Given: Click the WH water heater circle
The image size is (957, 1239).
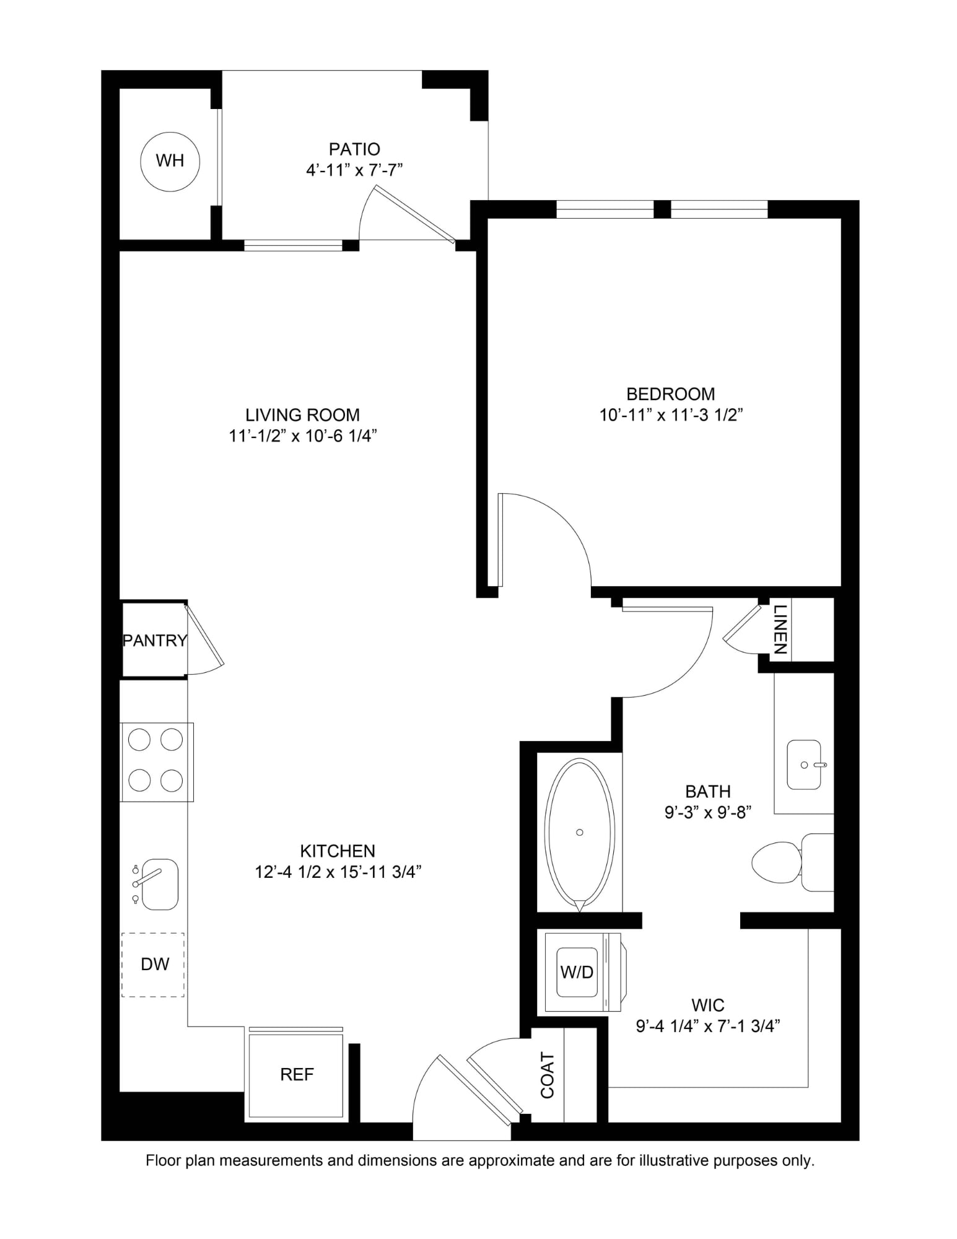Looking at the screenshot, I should pyautogui.click(x=170, y=161).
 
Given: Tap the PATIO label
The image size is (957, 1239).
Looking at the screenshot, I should pyautogui.click(x=354, y=149).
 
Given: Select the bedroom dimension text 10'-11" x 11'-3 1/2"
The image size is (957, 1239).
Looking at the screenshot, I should pyautogui.click(x=670, y=415).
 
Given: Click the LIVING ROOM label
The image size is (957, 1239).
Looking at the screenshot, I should pyautogui.click(x=302, y=414).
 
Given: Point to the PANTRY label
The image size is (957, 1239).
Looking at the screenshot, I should pyautogui.click(x=154, y=641).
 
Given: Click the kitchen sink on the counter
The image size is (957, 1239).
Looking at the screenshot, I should pyautogui.click(x=159, y=884).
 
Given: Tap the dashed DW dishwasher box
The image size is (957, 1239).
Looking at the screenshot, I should pyautogui.click(x=154, y=965).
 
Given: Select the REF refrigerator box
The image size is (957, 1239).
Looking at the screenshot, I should pyautogui.click(x=296, y=1075).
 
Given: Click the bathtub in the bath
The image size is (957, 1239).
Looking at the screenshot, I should pyautogui.click(x=580, y=832).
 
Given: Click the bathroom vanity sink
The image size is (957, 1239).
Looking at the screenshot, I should pyautogui.click(x=803, y=764).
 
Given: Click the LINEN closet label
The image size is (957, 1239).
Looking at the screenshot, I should pyautogui.click(x=780, y=629).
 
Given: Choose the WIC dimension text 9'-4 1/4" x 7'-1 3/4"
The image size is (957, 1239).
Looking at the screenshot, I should pyautogui.click(x=707, y=1027).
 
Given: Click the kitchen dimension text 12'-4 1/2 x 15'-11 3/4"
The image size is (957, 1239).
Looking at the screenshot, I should pyautogui.click(x=338, y=872).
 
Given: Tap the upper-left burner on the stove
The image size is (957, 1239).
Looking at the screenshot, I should pyautogui.click(x=139, y=740).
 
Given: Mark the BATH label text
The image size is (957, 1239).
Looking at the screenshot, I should pyautogui.click(x=707, y=791).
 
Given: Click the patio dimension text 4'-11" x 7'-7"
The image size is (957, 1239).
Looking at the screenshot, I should pyautogui.click(x=354, y=170).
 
